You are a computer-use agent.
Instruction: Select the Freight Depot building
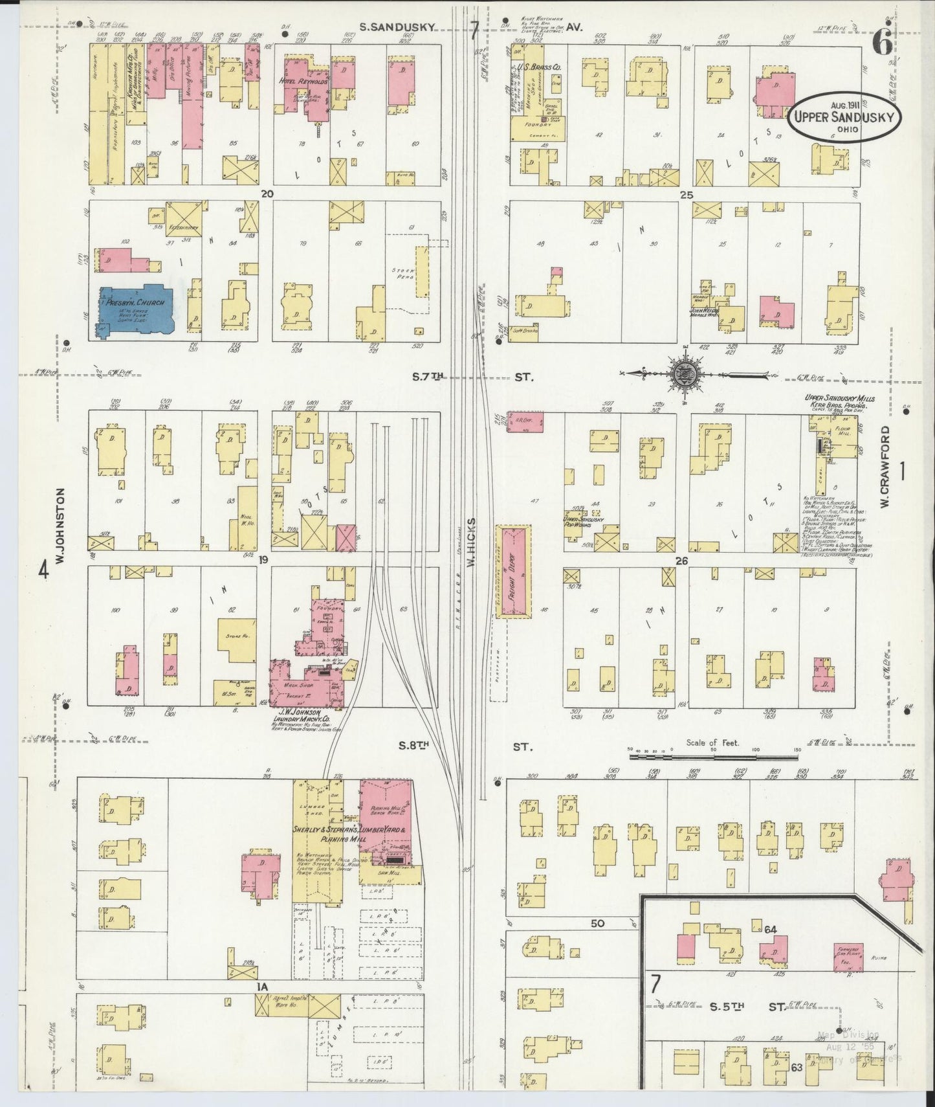pos(514,571)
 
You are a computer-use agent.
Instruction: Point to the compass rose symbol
pos(683,373)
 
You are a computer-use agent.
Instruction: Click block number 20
pos(267,194)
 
